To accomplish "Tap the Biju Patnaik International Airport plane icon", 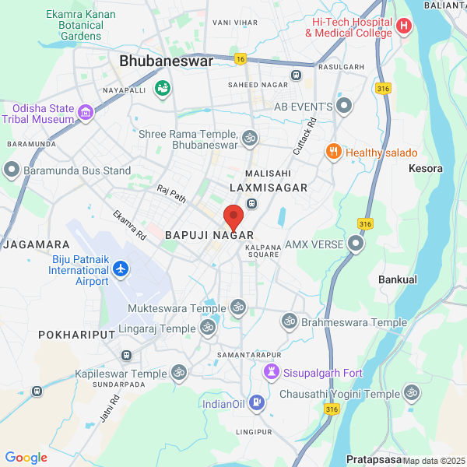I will pyautogui.click(x=121, y=269).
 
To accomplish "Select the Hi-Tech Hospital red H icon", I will pyautogui.click(x=403, y=26).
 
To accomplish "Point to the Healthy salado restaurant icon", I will pyautogui.click(x=334, y=153).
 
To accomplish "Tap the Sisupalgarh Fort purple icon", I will pyautogui.click(x=271, y=373).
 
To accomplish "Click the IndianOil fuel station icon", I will pyautogui.click(x=258, y=403).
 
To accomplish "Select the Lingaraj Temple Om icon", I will pyautogui.click(x=208, y=329).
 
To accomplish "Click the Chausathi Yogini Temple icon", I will pyautogui.click(x=412, y=394).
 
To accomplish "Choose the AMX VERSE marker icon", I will pyautogui.click(x=356, y=244).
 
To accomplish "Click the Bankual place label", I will pyautogui.click(x=397, y=279).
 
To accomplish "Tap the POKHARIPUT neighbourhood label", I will pyautogui.click(x=76, y=334).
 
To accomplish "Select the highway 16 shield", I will pyautogui.click(x=240, y=59).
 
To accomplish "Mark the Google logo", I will pyautogui.click(x=26, y=458).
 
